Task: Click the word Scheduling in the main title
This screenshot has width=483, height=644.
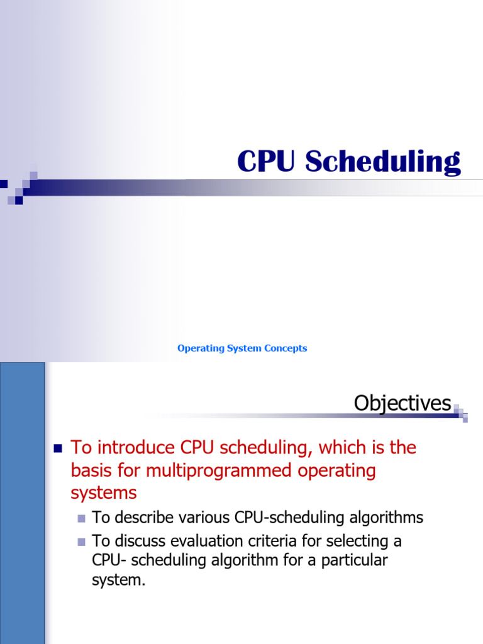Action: point(383,162)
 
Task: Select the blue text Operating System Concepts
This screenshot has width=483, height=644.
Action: point(242,348)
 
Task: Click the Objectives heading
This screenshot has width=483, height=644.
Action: point(402,403)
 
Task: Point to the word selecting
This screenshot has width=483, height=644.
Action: point(353,541)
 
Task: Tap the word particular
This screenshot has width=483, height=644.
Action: point(353,560)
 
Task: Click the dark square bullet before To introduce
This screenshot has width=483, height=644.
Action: point(58,448)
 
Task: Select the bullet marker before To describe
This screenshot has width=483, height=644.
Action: point(81,518)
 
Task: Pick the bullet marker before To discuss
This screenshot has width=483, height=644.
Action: point(81,541)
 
